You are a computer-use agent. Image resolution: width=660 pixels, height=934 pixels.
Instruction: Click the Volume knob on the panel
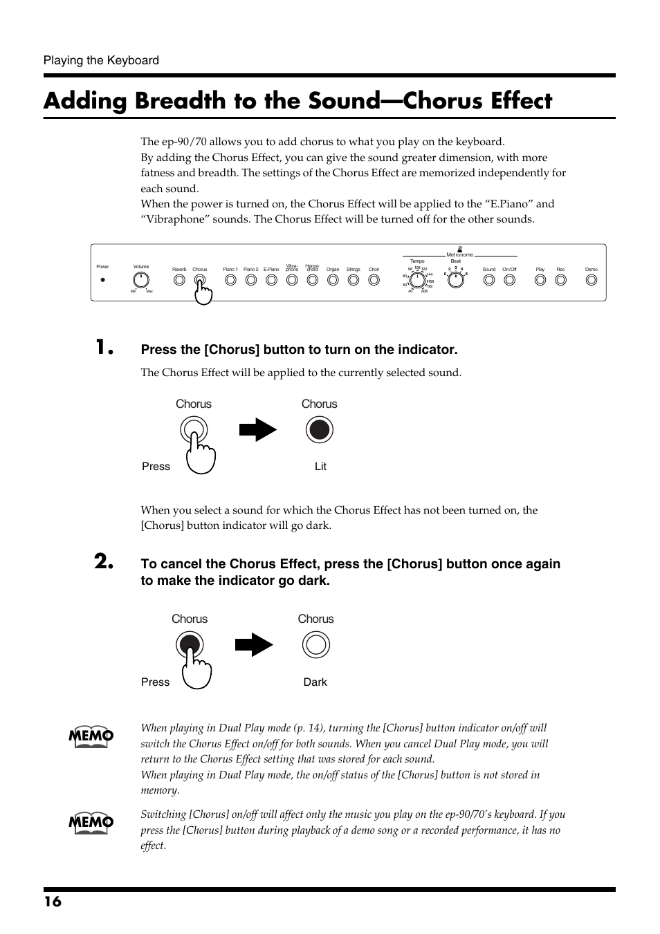pos(140,280)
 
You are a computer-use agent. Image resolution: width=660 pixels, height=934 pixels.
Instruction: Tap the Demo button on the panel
pos(591,280)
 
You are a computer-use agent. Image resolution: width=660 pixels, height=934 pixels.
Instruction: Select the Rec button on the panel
pos(560,280)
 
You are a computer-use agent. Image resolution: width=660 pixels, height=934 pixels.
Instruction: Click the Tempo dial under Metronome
pos(418,280)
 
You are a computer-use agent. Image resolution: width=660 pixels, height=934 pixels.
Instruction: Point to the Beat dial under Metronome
pos(455,280)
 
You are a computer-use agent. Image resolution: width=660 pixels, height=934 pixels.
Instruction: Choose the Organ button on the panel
pos(333,280)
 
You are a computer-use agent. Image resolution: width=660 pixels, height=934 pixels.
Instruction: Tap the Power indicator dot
pos(102,280)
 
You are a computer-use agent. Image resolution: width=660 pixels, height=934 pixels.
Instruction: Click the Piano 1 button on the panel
pos(230,280)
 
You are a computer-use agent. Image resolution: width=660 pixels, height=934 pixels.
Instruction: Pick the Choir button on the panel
pos(374,280)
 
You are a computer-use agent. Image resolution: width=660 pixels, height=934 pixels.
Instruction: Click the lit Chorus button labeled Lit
pos(319,430)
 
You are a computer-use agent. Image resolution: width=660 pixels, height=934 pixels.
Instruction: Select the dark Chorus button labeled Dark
pos(315,645)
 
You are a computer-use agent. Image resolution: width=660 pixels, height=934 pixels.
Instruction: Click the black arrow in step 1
pos(257,430)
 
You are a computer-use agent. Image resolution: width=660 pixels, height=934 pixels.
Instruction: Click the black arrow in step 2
pos(253,645)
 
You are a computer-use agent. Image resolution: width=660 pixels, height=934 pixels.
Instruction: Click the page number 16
pos(53,902)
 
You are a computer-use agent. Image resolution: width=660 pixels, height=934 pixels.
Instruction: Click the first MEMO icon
pos(91,737)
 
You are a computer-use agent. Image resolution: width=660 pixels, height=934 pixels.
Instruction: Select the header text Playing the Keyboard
pos(101,60)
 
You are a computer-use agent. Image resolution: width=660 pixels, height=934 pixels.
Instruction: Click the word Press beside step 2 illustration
pos(155,682)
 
